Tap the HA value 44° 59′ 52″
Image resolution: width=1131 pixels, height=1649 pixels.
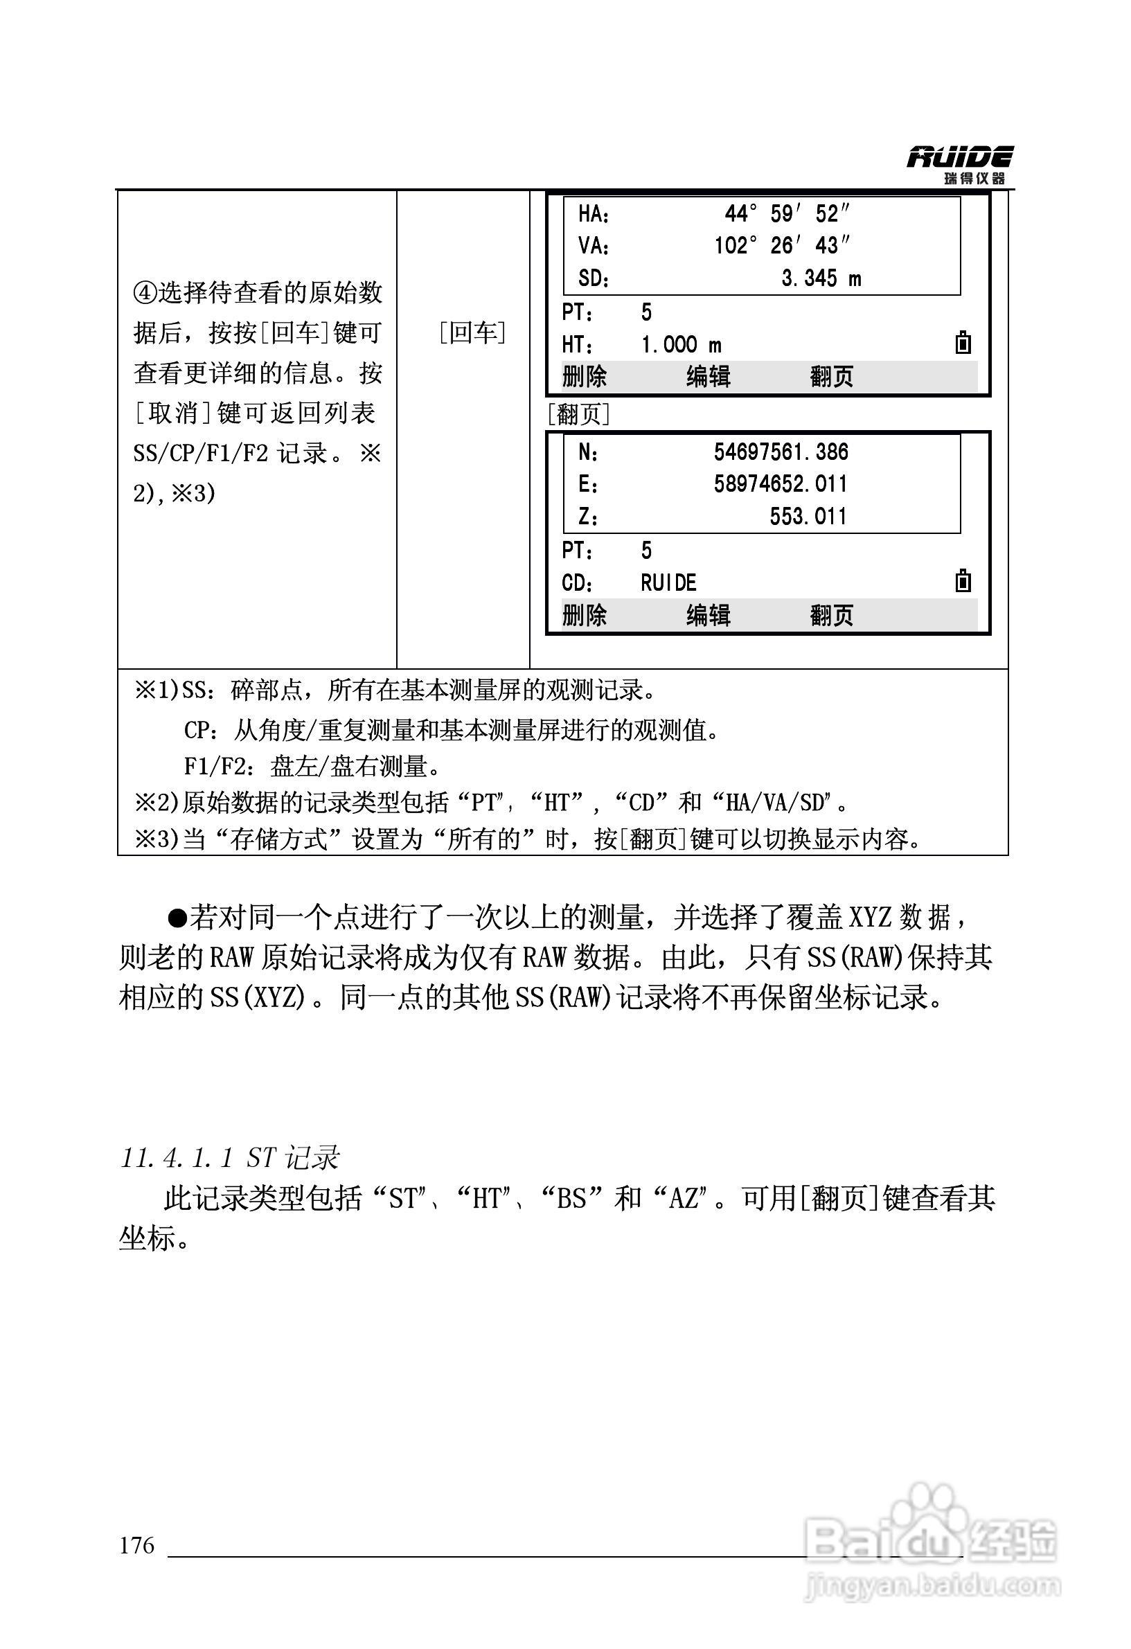pyautogui.click(x=786, y=213)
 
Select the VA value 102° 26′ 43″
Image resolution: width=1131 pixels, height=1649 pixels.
pyautogui.click(x=781, y=245)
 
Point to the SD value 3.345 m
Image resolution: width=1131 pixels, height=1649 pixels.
pyautogui.click(x=821, y=278)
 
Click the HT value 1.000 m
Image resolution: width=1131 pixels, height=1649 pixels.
pyautogui.click(x=680, y=345)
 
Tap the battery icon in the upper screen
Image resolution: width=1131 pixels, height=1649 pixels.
pyautogui.click(x=962, y=343)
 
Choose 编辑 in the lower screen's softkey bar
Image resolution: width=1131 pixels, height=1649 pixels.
pyautogui.click(x=707, y=614)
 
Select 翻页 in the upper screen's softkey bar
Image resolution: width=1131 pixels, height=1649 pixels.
pyautogui.click(x=831, y=376)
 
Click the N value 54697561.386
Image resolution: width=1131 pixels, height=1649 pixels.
pyautogui.click(x=781, y=452)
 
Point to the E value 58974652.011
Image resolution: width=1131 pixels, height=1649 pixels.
pyautogui.click(x=781, y=484)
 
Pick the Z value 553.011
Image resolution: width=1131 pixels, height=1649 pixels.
pyautogui.click(x=808, y=516)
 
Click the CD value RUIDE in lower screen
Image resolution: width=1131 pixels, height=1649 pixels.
pyautogui.click(x=668, y=583)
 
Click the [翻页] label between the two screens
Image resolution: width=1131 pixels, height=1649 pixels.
pyautogui.click(x=578, y=413)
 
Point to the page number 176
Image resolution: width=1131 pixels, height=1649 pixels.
pyautogui.click(x=137, y=1544)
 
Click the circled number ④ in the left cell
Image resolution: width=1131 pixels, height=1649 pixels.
pyautogui.click(x=144, y=292)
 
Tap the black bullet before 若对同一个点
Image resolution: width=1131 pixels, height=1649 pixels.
pyautogui.click(x=177, y=918)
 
